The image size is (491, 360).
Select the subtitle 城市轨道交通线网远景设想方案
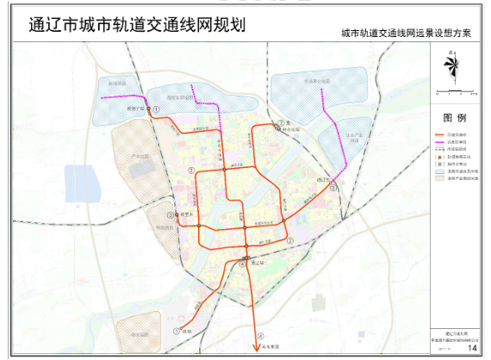406,34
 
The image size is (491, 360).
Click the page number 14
471,347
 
